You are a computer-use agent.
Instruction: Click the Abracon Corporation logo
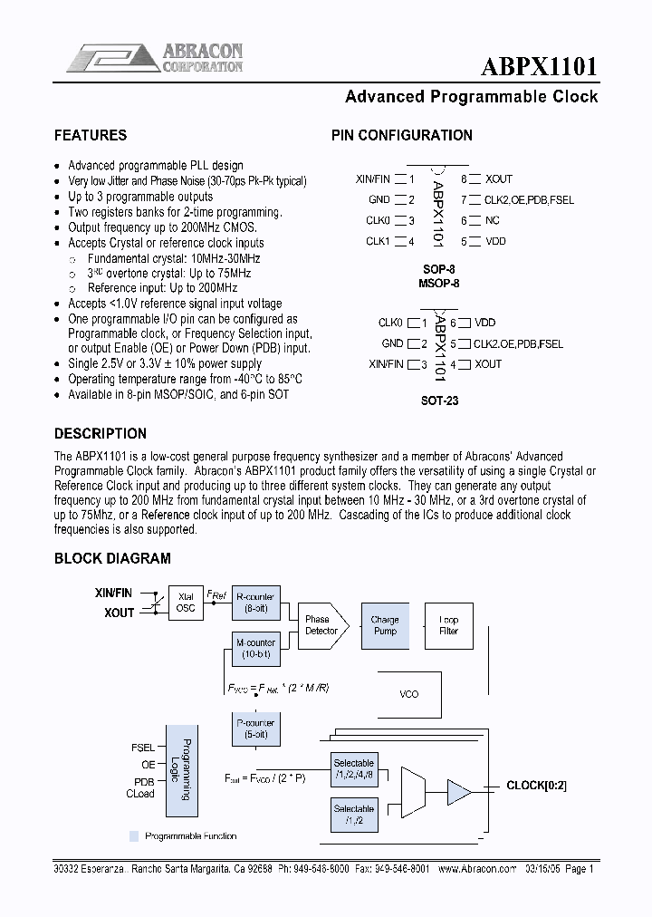point(155,57)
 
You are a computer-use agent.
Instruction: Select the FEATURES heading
point(91,136)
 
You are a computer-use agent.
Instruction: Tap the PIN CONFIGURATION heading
point(402,136)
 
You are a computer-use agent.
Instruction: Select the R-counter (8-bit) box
point(254,603)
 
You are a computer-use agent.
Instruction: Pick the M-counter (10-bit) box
point(254,648)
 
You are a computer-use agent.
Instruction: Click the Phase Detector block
point(321,625)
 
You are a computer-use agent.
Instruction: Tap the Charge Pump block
point(385,625)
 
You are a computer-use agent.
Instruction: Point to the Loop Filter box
point(448,625)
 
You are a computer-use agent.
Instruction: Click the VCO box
point(409,694)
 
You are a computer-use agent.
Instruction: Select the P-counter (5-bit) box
point(254,729)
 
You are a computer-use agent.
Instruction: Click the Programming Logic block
point(183,769)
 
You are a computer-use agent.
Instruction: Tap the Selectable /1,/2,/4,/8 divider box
point(353,768)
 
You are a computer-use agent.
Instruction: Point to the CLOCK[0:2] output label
point(537,786)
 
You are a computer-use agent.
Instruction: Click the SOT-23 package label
point(440,400)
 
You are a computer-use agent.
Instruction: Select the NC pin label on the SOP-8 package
point(493,221)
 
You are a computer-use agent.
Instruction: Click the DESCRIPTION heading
point(100,433)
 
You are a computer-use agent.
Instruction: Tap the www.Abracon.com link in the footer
point(476,867)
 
